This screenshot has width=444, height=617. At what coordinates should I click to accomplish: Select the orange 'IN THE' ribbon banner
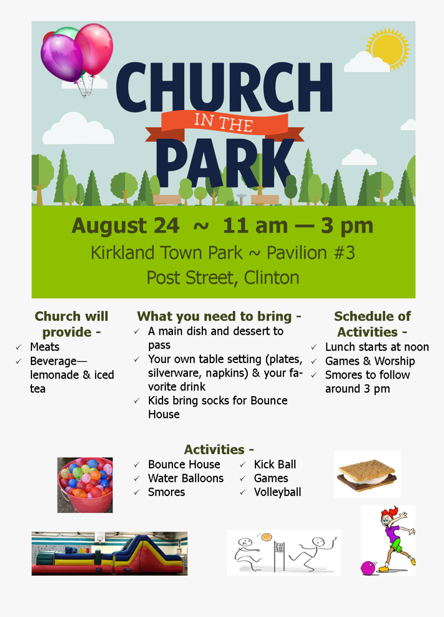[224, 124]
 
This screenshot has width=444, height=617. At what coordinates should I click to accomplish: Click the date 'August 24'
[125, 226]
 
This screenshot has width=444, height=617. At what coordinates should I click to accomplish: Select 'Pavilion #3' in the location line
[311, 253]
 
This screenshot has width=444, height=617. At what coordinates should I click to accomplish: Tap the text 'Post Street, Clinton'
[223, 278]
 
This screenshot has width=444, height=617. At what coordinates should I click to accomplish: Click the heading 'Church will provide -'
[71, 324]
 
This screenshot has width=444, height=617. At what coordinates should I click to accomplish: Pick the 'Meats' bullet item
[44, 347]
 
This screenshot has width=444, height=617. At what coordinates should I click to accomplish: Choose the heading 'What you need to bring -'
[219, 316]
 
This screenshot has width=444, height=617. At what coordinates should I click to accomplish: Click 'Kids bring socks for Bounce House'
[217, 408]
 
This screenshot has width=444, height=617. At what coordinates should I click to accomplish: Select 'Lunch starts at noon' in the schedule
[376, 347]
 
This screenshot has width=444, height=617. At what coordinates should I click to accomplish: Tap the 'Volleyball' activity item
[277, 492]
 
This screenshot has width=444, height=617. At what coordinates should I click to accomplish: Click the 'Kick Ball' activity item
[275, 464]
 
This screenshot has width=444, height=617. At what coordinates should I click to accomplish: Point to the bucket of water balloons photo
[85, 485]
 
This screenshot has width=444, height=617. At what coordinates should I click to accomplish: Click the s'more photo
[367, 474]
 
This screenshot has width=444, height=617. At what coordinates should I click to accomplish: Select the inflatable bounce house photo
[109, 553]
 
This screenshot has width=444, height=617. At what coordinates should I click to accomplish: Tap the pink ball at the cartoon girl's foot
[368, 568]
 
